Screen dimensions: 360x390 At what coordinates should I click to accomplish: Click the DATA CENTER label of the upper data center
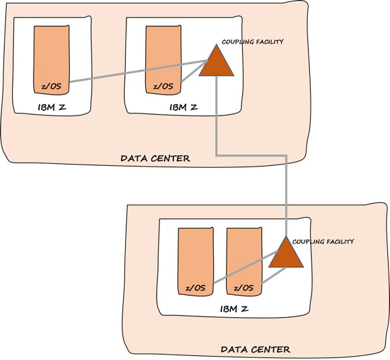[x=155, y=159]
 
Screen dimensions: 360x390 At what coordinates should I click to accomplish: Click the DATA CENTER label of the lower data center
[x=256, y=349]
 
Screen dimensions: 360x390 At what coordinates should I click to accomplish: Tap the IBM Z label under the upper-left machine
[x=51, y=107]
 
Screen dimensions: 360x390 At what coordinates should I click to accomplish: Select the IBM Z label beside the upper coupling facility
[x=183, y=107]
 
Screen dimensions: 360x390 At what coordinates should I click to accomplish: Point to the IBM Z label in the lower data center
[x=235, y=309]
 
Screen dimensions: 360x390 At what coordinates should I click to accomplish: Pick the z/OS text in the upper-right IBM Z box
[x=163, y=86]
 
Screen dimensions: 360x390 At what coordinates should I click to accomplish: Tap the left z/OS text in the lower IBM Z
[x=195, y=287]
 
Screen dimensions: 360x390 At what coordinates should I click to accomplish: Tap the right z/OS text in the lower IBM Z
[x=243, y=287]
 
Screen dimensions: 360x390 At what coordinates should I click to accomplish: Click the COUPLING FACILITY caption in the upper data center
[x=253, y=42]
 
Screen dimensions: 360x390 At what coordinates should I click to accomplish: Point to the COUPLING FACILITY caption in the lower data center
[x=323, y=241]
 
